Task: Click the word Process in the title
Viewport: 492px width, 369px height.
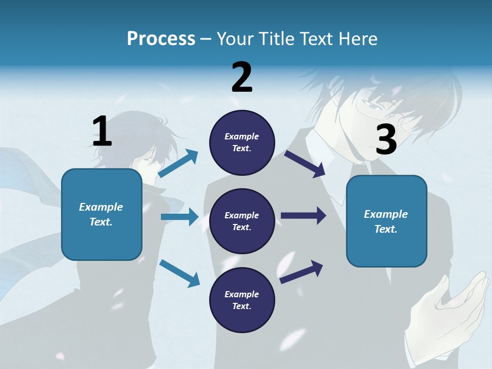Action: pos(161,39)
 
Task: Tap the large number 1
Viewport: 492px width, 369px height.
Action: pos(102,132)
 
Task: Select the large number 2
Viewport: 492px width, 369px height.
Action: pos(242,77)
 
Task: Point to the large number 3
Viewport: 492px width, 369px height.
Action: pos(386,140)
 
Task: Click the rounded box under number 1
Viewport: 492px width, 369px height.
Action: pos(101,215)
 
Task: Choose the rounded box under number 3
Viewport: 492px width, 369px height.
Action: pos(386,221)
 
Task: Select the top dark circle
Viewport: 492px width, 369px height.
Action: pos(242,142)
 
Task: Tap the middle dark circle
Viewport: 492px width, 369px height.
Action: pos(242,221)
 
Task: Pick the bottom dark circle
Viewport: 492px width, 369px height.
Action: pos(242,300)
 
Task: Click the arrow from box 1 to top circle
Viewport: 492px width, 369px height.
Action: pos(178,163)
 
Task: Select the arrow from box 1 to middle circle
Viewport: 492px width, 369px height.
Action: pos(179,217)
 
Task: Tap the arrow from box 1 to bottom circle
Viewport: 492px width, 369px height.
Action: pos(179,273)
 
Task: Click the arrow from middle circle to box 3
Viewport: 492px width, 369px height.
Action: pos(303,216)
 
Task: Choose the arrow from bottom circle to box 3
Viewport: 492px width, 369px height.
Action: pos(301,272)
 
